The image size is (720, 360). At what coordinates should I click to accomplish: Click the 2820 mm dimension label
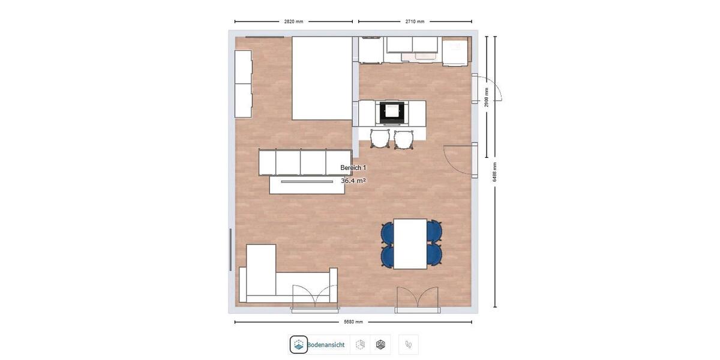pos(293,22)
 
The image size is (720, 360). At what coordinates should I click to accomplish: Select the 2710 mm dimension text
pos(415,22)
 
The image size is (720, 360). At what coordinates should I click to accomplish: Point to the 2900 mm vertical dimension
pos(487,97)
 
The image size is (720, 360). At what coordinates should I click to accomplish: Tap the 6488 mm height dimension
pos(495,172)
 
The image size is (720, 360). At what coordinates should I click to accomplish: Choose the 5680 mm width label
pos(353,322)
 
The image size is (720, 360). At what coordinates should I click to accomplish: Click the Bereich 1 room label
pos(353,168)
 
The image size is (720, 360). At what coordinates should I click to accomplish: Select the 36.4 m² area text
pos(353,181)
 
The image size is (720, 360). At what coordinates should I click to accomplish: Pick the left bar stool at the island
pos(380,139)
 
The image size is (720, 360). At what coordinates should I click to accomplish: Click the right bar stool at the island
pos(404,139)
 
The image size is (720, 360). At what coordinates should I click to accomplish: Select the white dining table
pos(410,244)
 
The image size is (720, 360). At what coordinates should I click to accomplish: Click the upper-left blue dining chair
pos(388,232)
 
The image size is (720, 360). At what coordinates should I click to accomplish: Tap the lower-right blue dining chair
pos(434,255)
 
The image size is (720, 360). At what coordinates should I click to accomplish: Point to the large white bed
pos(322,78)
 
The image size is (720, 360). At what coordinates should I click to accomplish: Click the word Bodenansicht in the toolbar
pos(326,345)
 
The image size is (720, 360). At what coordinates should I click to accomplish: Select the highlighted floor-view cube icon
pos(299,344)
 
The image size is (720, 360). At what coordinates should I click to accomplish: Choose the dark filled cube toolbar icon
pos(380,344)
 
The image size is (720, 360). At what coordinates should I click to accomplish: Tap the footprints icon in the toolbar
pos(409,344)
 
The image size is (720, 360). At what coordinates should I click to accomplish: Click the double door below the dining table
pos(418,299)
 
